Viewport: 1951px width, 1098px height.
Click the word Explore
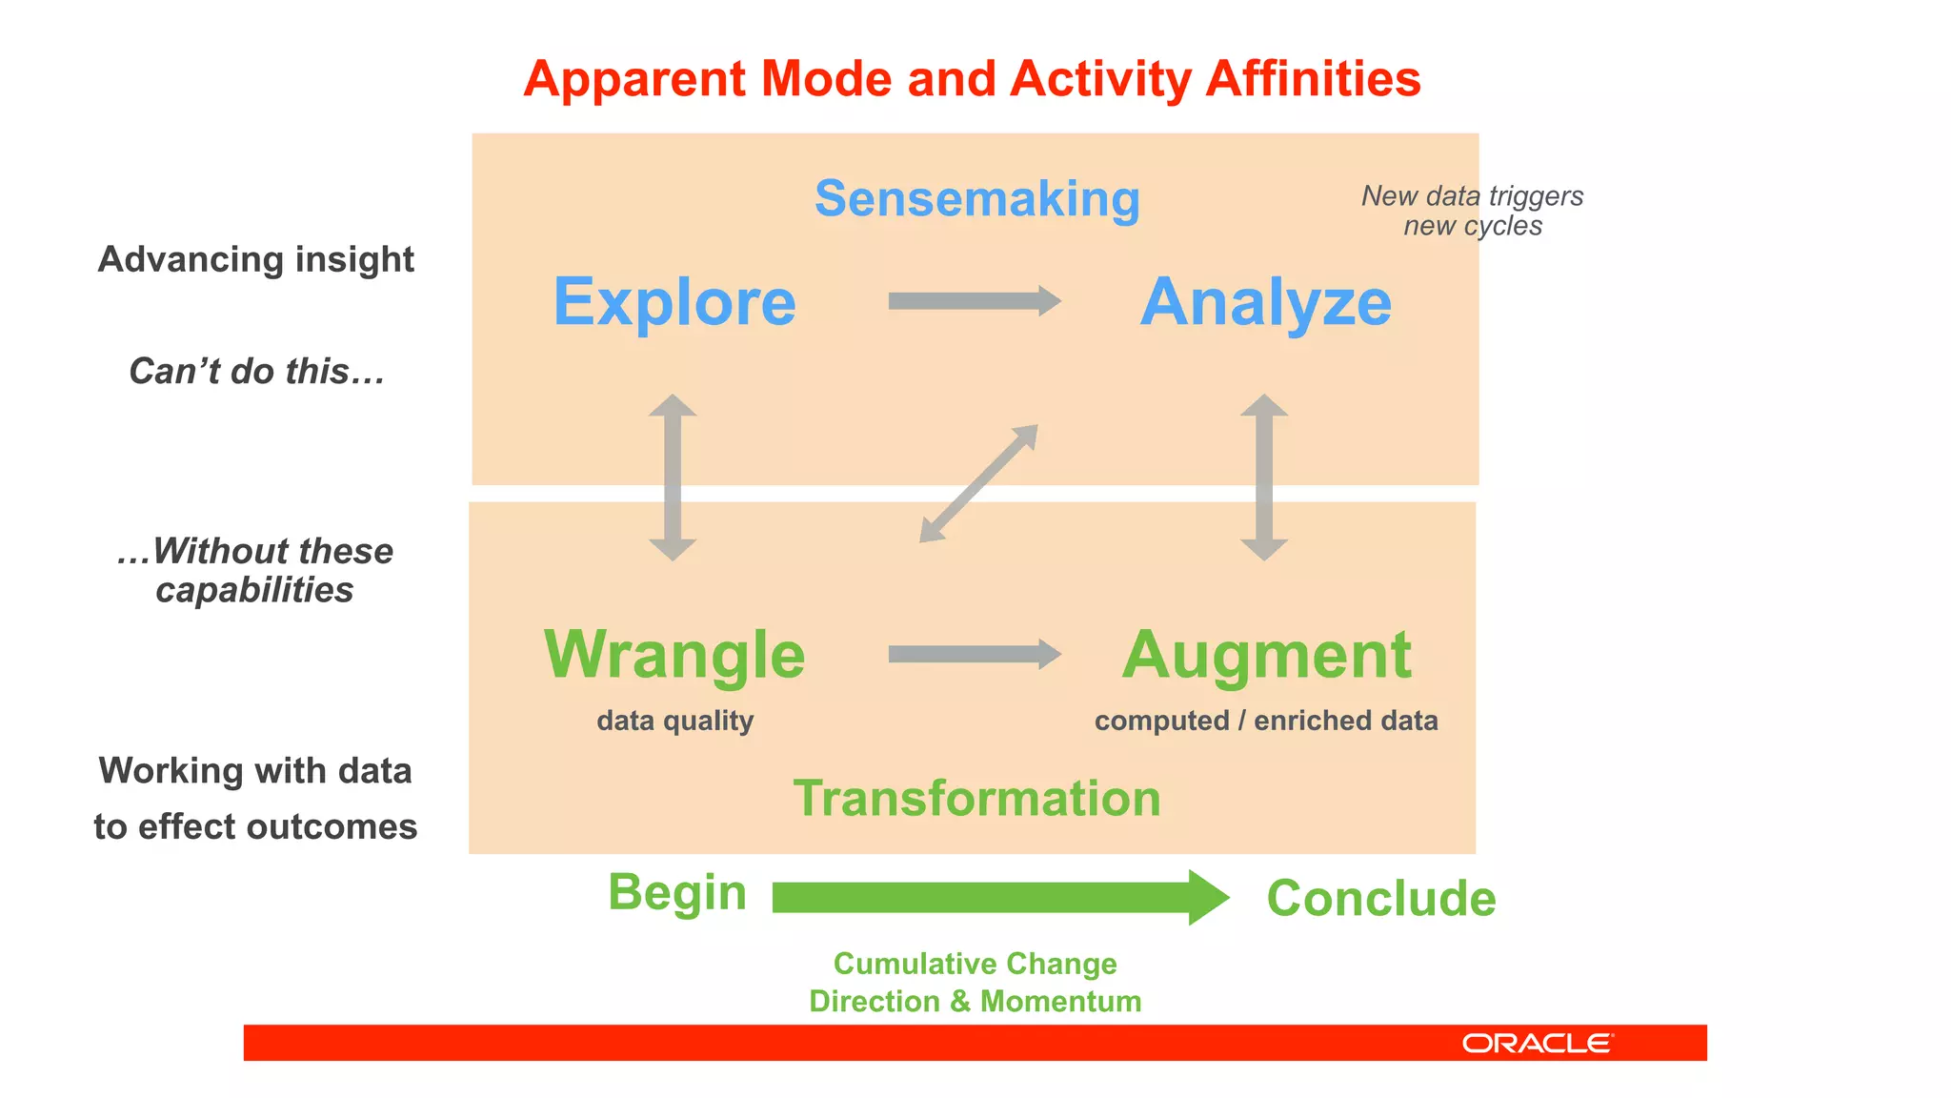click(674, 302)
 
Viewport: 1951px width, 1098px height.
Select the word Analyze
click(1265, 302)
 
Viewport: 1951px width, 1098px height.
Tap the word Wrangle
click(674, 655)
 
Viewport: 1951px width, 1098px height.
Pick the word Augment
click(1266, 655)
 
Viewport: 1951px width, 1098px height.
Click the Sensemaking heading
click(976, 199)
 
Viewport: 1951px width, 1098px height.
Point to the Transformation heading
click(976, 798)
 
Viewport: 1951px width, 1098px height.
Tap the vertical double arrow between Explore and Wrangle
click(673, 477)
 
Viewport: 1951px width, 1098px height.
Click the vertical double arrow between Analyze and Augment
click(1264, 477)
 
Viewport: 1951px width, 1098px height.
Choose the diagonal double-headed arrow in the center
click(978, 483)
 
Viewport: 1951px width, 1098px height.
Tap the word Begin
click(677, 893)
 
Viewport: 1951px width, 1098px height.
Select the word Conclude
click(1380, 898)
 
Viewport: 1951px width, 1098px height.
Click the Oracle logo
click(1537, 1044)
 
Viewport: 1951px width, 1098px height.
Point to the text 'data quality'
click(674, 721)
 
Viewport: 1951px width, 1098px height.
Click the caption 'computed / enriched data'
click(1266, 721)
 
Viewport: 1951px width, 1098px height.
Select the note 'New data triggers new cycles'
click(1472, 211)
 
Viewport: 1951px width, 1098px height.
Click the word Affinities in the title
click(1313, 79)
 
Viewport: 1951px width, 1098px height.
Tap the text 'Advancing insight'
click(255, 259)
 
